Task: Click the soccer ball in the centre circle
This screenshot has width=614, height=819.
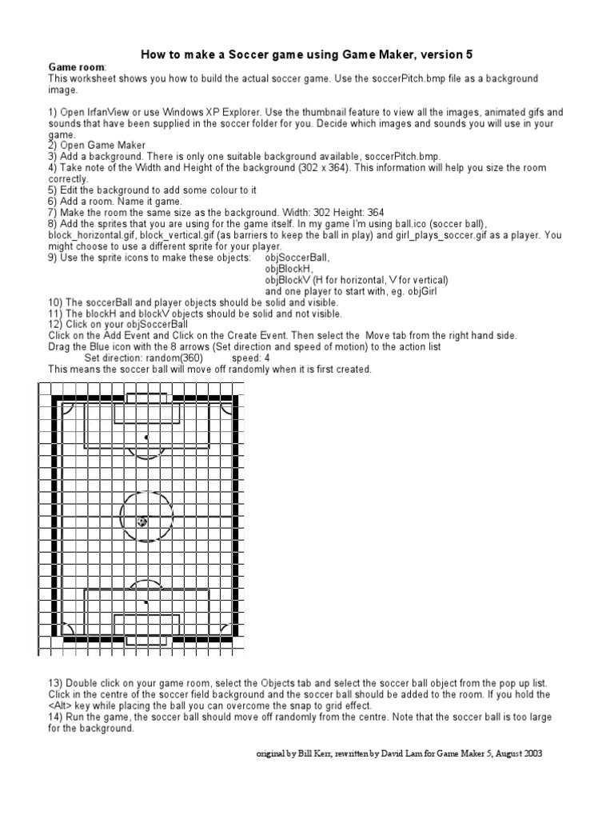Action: coord(142,521)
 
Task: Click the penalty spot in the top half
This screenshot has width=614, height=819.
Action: coord(146,437)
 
